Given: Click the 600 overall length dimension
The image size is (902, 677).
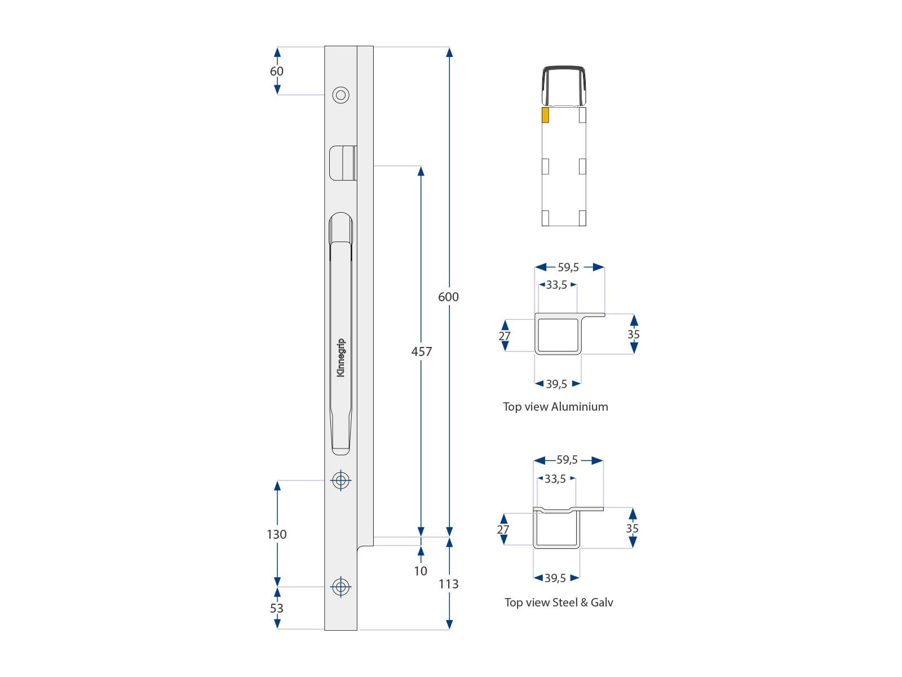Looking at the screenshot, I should tap(448, 297).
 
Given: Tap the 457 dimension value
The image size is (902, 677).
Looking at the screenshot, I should tap(421, 351).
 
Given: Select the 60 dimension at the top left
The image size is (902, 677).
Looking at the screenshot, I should tap(276, 71).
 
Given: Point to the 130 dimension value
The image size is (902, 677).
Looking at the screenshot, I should tap(276, 534).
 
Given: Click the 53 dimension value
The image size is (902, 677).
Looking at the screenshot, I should tap(276, 608).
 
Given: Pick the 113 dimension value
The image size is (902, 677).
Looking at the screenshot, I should tap(448, 584).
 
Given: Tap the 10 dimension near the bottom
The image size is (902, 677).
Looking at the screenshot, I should tap(421, 571).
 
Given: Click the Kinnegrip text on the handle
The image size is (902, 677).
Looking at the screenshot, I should tap(341, 358).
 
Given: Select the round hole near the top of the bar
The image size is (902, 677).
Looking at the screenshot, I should tap(341, 95).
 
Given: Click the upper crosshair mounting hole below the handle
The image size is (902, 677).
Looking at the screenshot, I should tap(341, 481).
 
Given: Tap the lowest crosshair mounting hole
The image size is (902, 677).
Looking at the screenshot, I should tap(341, 587).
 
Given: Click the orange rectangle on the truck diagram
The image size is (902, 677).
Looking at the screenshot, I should tap(545, 115).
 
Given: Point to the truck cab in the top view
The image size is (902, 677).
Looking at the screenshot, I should tap(564, 86).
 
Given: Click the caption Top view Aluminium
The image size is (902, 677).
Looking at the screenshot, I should tap(555, 407).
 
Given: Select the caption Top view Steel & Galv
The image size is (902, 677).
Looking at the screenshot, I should tap(558, 603).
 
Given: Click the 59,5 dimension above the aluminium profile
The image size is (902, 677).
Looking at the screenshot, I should tap(568, 267).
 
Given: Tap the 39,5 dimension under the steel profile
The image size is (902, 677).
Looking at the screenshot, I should tap(555, 578).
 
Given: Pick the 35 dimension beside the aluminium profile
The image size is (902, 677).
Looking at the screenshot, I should tap(634, 335).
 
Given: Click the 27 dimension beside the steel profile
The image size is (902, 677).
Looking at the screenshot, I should tap(503, 530).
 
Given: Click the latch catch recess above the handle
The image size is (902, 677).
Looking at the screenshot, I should tap(342, 163).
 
